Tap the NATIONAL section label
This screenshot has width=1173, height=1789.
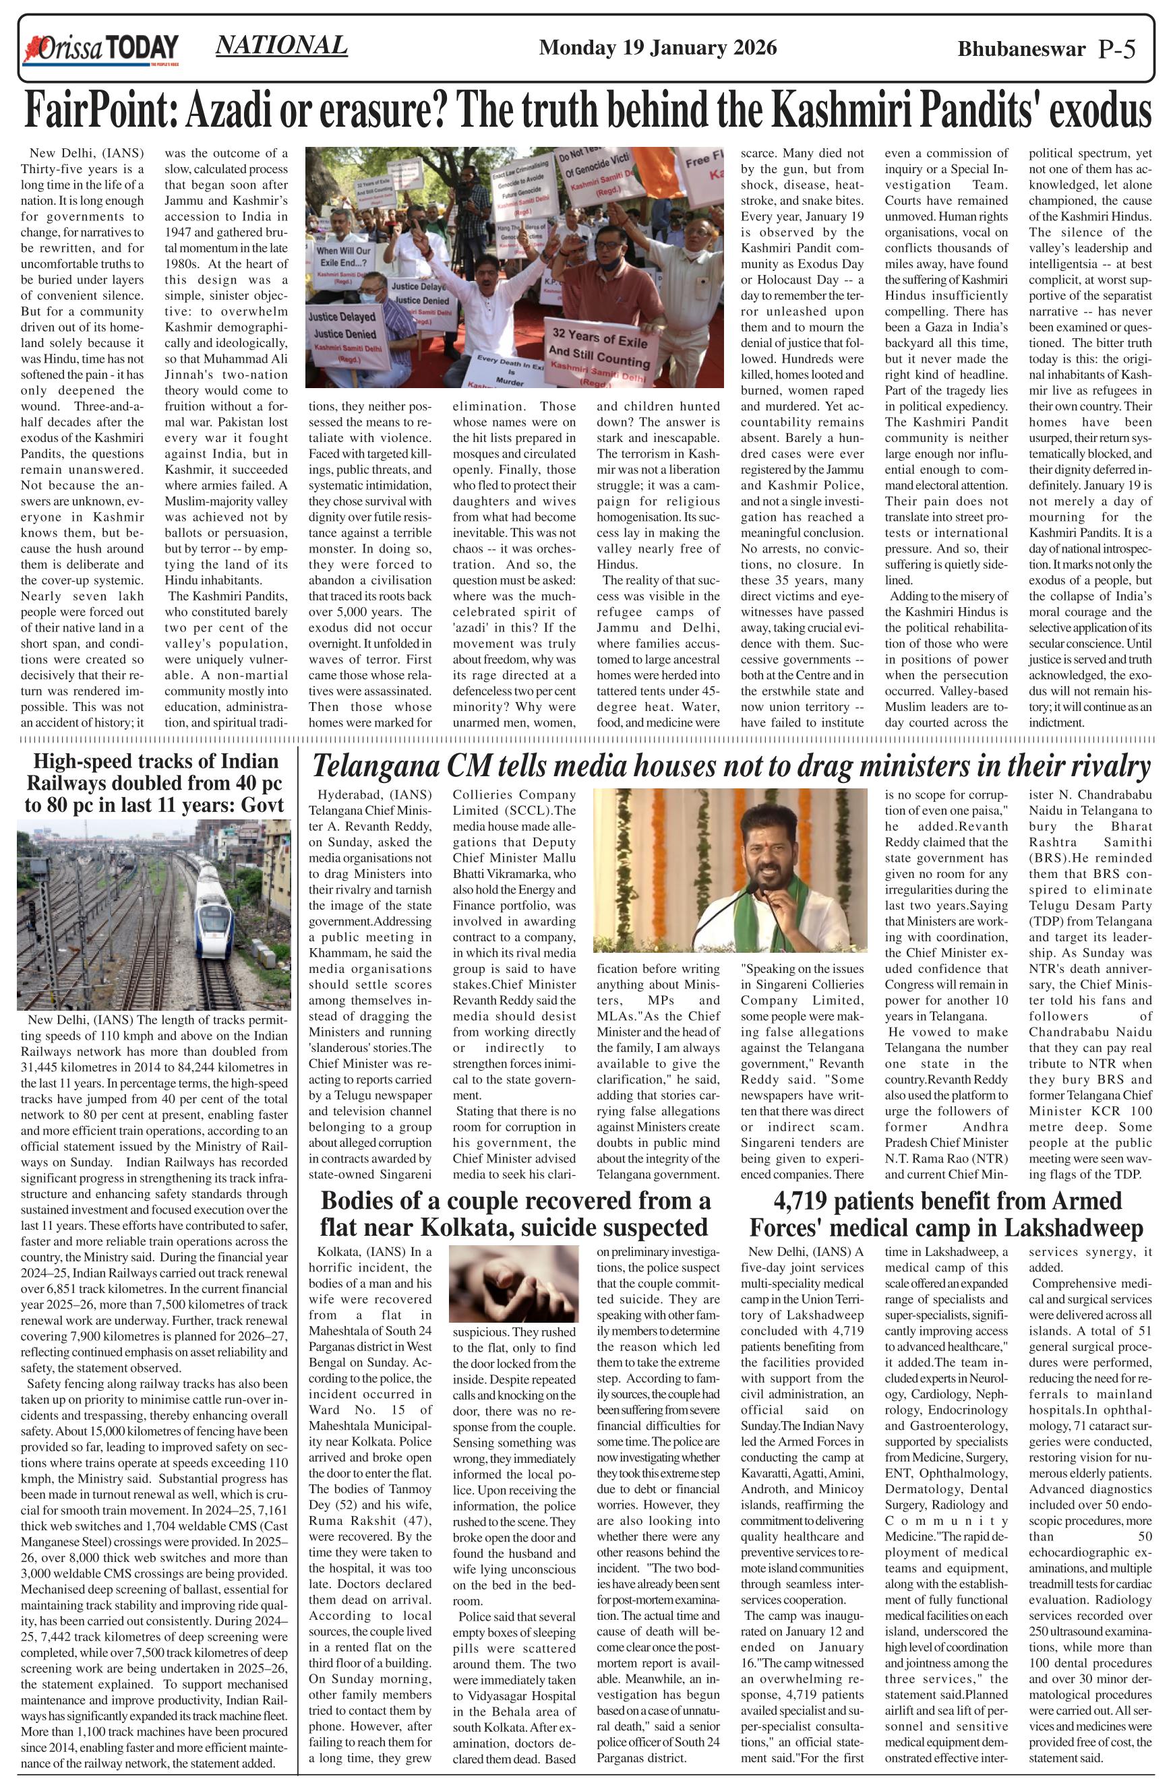[281, 45]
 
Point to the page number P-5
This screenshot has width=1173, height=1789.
[1116, 50]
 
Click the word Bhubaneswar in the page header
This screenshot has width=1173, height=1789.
[1021, 50]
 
